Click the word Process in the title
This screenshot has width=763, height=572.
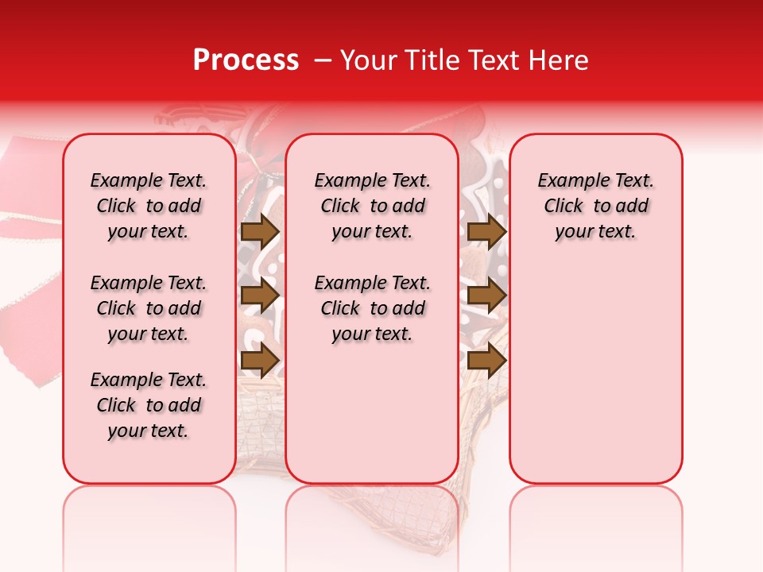246,60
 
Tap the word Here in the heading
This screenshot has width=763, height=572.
560,60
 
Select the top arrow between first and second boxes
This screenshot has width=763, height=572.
260,231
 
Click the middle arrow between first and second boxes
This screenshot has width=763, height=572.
260,296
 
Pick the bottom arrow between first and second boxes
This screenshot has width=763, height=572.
260,360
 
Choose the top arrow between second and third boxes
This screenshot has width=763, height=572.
486,231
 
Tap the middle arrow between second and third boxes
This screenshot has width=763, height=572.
486,296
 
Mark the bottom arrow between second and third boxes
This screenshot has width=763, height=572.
486,360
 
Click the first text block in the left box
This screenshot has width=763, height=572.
149,206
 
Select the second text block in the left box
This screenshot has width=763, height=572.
149,308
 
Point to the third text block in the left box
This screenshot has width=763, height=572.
149,405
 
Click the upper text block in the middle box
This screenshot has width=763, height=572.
372,206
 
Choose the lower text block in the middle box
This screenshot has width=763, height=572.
372,308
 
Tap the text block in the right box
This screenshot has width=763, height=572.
596,206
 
